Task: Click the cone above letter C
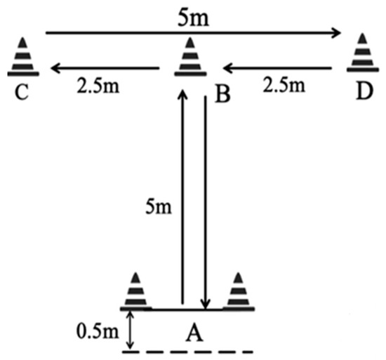[23, 57]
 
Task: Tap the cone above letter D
[363, 53]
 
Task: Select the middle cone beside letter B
[190, 57]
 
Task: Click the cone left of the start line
[135, 292]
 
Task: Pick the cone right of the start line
[239, 292]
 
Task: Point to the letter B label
[222, 94]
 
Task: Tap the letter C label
[22, 92]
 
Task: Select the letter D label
[364, 91]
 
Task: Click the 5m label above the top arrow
[193, 18]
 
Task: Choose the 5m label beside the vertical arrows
[159, 206]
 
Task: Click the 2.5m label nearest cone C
[98, 86]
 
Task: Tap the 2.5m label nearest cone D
[284, 85]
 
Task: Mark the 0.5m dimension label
[98, 331]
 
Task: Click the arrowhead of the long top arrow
[336, 33]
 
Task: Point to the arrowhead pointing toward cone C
[55, 67]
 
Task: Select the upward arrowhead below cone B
[182, 95]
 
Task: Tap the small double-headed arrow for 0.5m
[130, 330]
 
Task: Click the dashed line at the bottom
[187, 352]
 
